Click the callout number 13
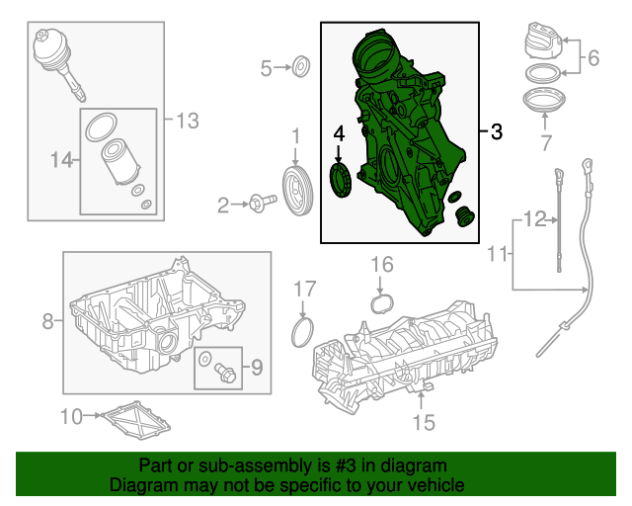pyautogui.click(x=188, y=121)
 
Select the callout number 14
pyautogui.click(x=61, y=160)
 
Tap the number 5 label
pyautogui.click(x=266, y=68)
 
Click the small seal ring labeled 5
pyautogui.click(x=301, y=66)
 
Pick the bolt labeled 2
pyautogui.click(x=263, y=203)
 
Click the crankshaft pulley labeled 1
pyautogui.click(x=298, y=190)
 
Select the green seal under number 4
pyautogui.click(x=341, y=180)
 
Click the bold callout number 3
pyautogui.click(x=496, y=131)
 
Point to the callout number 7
pyautogui.click(x=546, y=142)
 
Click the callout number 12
pyautogui.click(x=535, y=219)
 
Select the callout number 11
pyautogui.click(x=498, y=253)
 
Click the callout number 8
pyautogui.click(x=48, y=321)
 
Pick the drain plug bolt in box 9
pyautogui.click(x=226, y=373)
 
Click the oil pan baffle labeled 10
pyautogui.click(x=136, y=420)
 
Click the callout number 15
pyautogui.click(x=424, y=422)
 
